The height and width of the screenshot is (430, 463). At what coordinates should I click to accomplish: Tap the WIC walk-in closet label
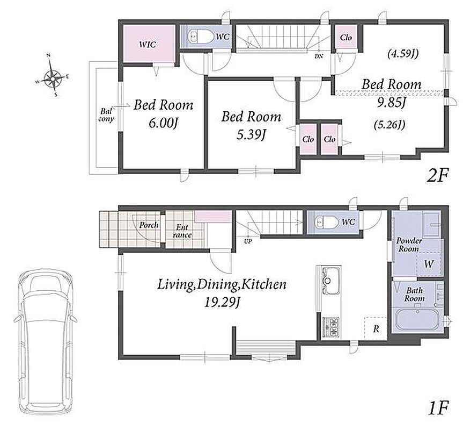coord(148,45)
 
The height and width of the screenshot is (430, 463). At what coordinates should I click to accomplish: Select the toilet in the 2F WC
coord(201,37)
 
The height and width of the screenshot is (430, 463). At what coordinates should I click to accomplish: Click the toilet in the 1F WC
coord(326,221)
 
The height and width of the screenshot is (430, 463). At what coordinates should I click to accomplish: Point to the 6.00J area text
coord(163,124)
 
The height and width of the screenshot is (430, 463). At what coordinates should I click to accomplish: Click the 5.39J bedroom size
coord(251,135)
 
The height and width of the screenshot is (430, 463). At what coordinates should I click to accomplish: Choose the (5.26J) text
coord(390,125)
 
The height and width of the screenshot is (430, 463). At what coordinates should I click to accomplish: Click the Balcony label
coord(106,116)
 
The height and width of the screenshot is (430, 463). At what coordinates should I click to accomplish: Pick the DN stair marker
coord(319,55)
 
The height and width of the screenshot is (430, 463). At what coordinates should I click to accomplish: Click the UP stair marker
coord(248,241)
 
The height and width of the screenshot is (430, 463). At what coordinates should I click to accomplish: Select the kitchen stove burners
coord(330,327)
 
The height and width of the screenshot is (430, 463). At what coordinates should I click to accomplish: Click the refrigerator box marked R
coord(376,328)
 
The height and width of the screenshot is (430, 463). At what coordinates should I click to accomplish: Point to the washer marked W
coord(429,264)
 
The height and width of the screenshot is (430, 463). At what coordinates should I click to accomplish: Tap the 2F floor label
coord(437,176)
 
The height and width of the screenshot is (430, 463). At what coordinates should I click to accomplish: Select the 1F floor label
coord(438,408)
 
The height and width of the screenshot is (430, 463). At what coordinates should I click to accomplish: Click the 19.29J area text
coord(222,302)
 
